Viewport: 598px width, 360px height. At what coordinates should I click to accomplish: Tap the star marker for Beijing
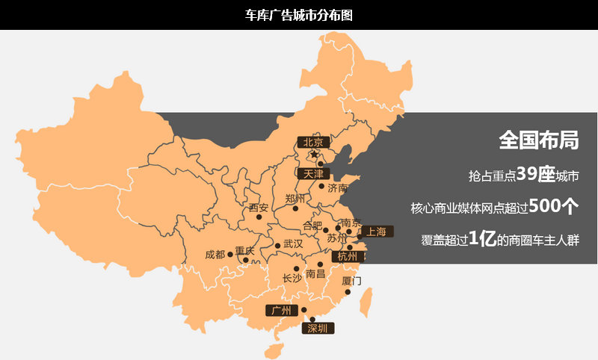(x=314, y=155)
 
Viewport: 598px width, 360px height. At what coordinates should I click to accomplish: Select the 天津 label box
(x=313, y=173)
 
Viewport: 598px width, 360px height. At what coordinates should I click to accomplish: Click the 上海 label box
(x=377, y=232)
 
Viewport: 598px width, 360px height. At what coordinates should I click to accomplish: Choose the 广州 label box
(x=281, y=310)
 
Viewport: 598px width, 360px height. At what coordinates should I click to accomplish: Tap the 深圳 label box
(x=317, y=328)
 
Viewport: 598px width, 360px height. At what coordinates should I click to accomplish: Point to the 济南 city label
(x=339, y=187)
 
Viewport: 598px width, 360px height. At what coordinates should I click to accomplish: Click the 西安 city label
(x=258, y=208)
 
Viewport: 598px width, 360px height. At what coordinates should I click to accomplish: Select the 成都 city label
(x=215, y=255)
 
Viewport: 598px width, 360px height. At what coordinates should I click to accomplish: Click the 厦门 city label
(x=351, y=282)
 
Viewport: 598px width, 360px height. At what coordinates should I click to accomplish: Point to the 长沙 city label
(x=292, y=278)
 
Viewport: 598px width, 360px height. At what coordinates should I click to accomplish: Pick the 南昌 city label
(x=315, y=274)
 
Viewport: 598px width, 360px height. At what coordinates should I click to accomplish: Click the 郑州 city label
(x=295, y=199)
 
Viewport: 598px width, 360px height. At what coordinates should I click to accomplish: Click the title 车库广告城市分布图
(x=298, y=14)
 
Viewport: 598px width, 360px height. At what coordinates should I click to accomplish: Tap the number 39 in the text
(x=527, y=174)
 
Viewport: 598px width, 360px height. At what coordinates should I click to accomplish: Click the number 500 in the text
(x=543, y=206)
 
